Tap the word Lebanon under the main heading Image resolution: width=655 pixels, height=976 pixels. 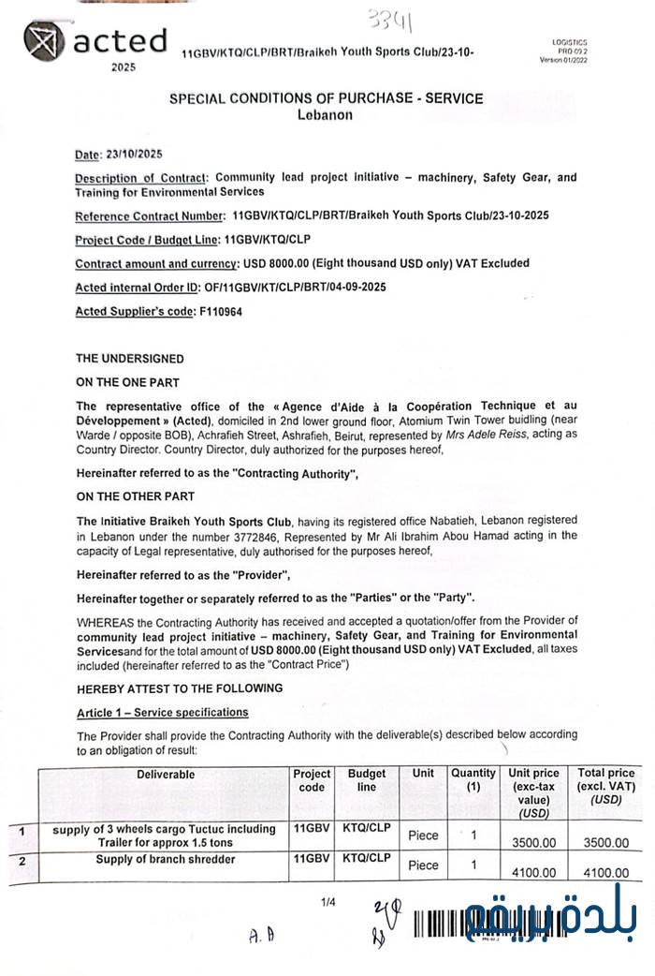click(x=326, y=115)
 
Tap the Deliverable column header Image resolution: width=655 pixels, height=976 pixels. click(x=166, y=775)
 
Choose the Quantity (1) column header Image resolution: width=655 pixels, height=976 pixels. click(x=473, y=780)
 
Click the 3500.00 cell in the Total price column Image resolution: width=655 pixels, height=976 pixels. click(x=605, y=843)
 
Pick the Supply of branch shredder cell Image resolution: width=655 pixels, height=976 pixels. click(x=165, y=859)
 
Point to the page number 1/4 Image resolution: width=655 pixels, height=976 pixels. click(x=327, y=903)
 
